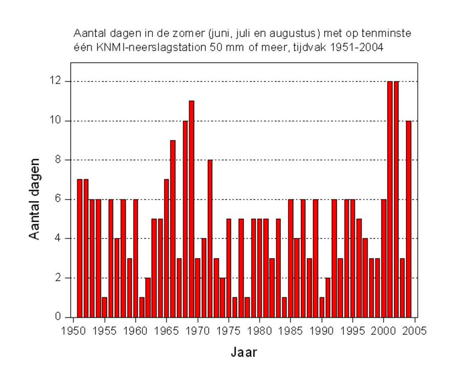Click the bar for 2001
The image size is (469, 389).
point(390,199)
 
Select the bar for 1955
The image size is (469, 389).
point(104,307)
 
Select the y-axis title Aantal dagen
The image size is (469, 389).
point(35,199)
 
